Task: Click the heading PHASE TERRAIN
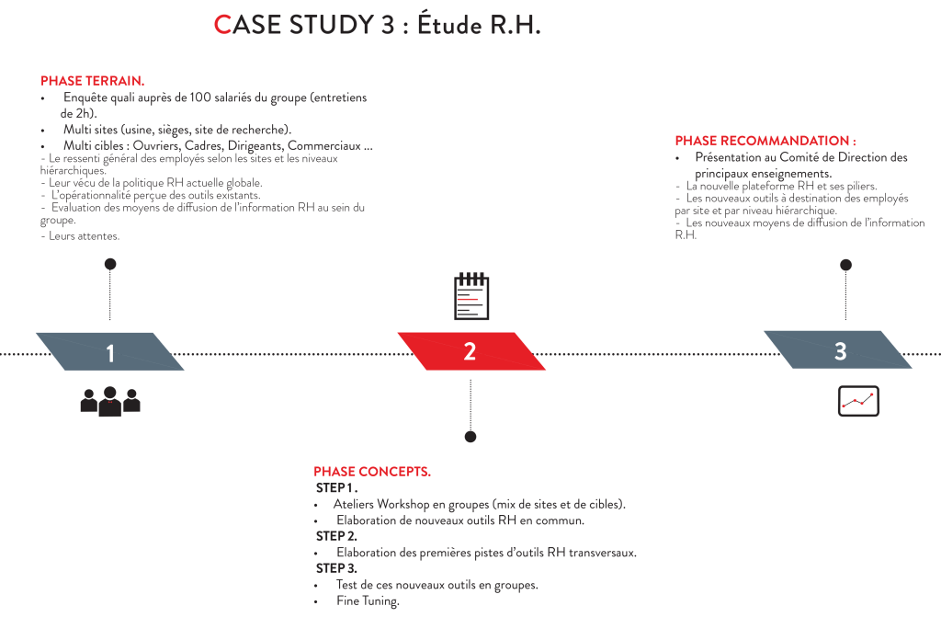point(92,81)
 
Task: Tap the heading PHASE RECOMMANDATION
point(765,141)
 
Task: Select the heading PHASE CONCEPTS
point(372,472)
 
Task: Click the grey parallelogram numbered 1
point(110,352)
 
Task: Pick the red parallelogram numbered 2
point(470,351)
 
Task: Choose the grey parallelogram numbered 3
point(839,350)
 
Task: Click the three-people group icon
point(110,401)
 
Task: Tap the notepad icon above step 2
point(471,297)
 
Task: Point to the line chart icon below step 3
point(858,401)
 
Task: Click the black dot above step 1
point(110,265)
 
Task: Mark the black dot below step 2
point(470,437)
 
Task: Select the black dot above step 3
point(845,265)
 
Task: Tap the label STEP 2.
point(335,536)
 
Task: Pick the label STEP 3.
point(335,569)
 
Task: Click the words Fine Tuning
point(368,601)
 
